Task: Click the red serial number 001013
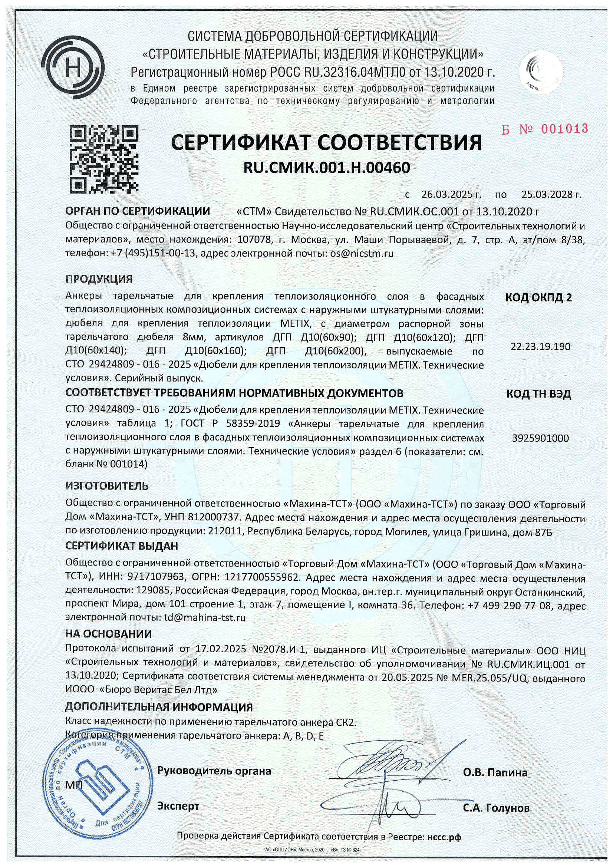point(564,129)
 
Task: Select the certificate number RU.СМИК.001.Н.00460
point(326,167)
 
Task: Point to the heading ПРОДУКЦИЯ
point(99,279)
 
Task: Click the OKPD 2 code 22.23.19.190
point(540,346)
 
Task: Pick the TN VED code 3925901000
point(540,438)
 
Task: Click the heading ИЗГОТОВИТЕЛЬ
point(107,486)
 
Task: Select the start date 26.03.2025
point(447,195)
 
